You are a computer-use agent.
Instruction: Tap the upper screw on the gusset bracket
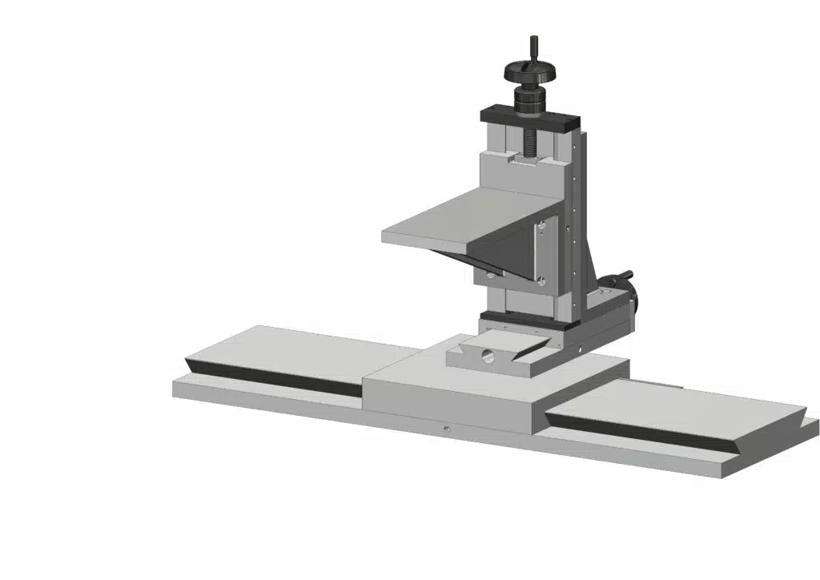(542, 228)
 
